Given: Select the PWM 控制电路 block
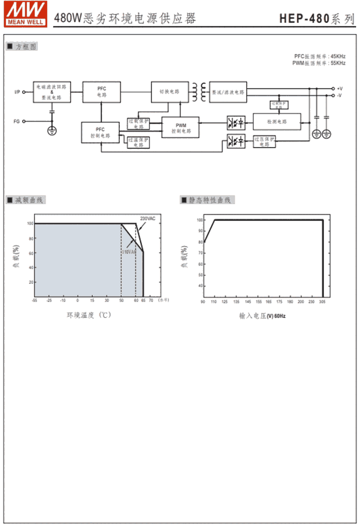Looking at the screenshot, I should pyautogui.click(x=180, y=128).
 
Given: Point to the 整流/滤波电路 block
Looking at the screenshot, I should pyautogui.click(x=228, y=92).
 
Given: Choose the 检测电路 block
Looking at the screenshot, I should pyautogui.click(x=276, y=122).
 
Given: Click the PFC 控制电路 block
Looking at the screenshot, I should pyautogui.click(x=100, y=133).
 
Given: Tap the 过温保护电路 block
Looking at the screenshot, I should pyautogui.click(x=138, y=142).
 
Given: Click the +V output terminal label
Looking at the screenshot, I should pyautogui.click(x=339, y=88).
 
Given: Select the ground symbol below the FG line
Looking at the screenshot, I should pyautogui.click(x=52, y=131).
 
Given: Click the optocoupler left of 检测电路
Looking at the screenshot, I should pyautogui.click(x=235, y=122).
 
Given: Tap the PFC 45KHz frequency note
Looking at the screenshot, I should pyautogui.click(x=320, y=56).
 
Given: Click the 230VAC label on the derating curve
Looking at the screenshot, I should pyautogui.click(x=147, y=219).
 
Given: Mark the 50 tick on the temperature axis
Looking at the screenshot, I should pyautogui.click(x=121, y=301).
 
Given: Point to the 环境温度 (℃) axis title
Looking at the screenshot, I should pyautogui.click(x=89, y=315).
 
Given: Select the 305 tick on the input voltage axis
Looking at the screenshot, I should pyautogui.click(x=322, y=302).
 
